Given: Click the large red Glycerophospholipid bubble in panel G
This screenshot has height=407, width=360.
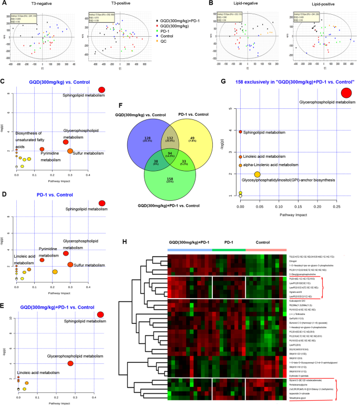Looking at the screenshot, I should (351, 94).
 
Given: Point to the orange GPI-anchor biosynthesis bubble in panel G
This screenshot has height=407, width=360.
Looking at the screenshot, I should (257, 175).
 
